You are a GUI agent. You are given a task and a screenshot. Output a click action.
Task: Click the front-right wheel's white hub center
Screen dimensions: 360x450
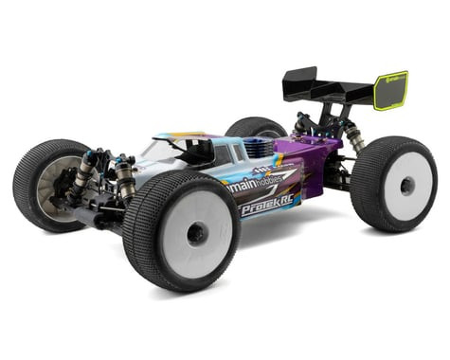[196, 233]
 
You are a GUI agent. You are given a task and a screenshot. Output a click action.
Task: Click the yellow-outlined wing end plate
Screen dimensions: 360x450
[390, 91]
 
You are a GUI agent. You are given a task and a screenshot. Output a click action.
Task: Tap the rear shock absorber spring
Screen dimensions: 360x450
[354, 136]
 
